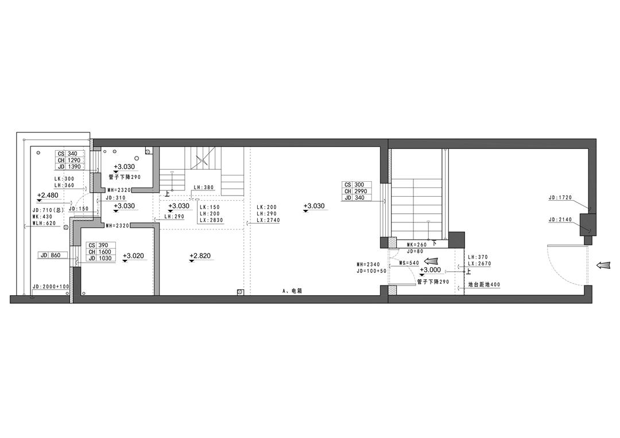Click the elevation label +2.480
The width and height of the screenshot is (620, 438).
point(48,195)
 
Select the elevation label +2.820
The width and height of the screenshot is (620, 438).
point(200,256)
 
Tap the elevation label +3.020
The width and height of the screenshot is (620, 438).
point(133,256)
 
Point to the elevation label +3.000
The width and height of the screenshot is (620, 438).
point(430,270)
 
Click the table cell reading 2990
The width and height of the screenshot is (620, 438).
point(360,191)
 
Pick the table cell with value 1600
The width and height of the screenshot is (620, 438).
point(105,252)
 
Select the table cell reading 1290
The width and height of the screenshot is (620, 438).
point(73,161)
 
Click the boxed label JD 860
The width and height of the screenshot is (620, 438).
point(53,256)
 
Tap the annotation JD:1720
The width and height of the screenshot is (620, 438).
point(560,197)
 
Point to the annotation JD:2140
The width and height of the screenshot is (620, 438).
point(560,220)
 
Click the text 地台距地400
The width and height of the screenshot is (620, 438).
point(484,284)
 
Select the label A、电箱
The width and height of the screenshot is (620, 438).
point(293,291)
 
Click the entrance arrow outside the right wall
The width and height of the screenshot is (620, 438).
point(604,265)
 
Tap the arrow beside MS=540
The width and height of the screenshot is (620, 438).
point(432,261)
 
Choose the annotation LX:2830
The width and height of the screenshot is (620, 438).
point(211,220)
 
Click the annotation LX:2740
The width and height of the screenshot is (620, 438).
point(268,220)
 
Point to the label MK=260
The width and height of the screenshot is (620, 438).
point(417,245)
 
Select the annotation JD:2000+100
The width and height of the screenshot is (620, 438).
point(51,286)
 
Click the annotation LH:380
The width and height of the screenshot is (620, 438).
point(204,187)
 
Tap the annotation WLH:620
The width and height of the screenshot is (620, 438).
point(44,223)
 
